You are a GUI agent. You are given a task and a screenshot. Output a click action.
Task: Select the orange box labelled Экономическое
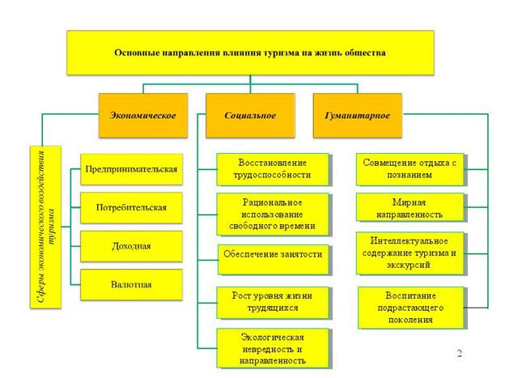[143, 115]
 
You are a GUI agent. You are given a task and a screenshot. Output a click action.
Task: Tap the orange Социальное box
[250, 115]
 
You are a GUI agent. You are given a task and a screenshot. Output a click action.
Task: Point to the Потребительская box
[132, 207]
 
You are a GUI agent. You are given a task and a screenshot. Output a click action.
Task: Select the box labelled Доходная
[132, 245]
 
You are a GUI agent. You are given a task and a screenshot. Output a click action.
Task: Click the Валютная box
[132, 284]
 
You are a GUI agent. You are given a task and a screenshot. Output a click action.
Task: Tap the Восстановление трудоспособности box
[273, 168]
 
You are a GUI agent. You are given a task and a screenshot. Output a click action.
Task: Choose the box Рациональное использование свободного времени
[273, 213]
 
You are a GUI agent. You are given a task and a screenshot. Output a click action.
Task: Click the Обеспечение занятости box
[273, 254]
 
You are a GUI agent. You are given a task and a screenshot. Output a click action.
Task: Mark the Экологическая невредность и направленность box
[273, 346]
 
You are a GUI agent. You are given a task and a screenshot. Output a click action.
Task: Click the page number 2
[459, 354]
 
